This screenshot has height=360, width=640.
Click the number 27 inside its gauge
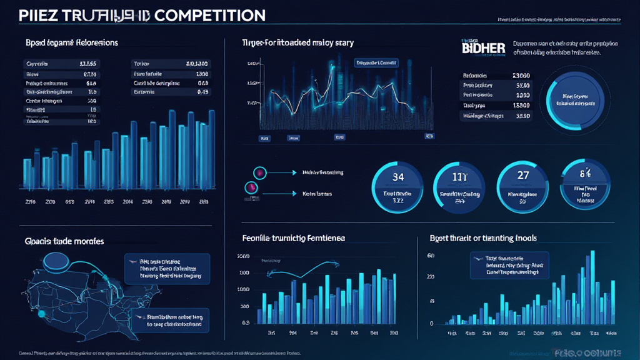[x=523, y=176]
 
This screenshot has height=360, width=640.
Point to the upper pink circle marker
[x=256, y=172]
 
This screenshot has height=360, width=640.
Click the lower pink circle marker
[x=251, y=187]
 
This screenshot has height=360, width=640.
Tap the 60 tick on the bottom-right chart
[x=431, y=256]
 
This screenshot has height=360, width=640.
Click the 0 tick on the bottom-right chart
[x=431, y=324]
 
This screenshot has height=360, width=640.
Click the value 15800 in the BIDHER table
[x=521, y=106]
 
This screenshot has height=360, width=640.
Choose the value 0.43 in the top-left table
[x=202, y=91]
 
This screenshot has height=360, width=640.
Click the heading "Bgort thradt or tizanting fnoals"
[x=483, y=238]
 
